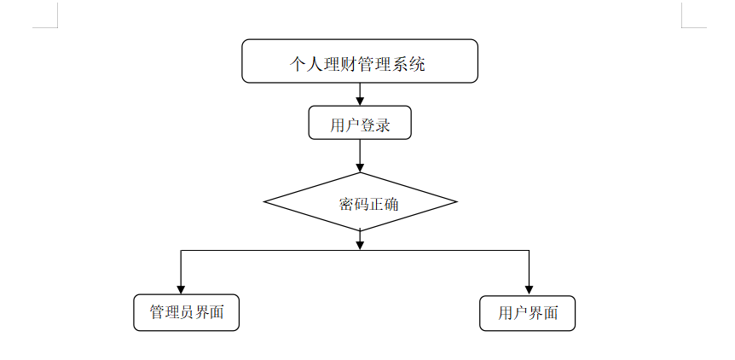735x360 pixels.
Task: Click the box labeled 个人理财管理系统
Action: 359,61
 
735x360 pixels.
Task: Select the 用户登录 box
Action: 360,123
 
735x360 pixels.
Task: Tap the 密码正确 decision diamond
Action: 360,203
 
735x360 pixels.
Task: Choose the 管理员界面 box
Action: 186,312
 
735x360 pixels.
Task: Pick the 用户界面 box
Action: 527,313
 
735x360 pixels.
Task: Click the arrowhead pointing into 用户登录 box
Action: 360,100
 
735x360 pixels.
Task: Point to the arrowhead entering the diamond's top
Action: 360,167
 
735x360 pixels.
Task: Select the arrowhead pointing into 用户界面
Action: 529,289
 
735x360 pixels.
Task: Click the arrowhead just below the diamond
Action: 360,245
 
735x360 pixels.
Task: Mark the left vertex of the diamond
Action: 265,203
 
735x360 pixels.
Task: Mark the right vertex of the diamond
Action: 456,203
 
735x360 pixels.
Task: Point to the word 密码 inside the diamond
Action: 349,205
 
